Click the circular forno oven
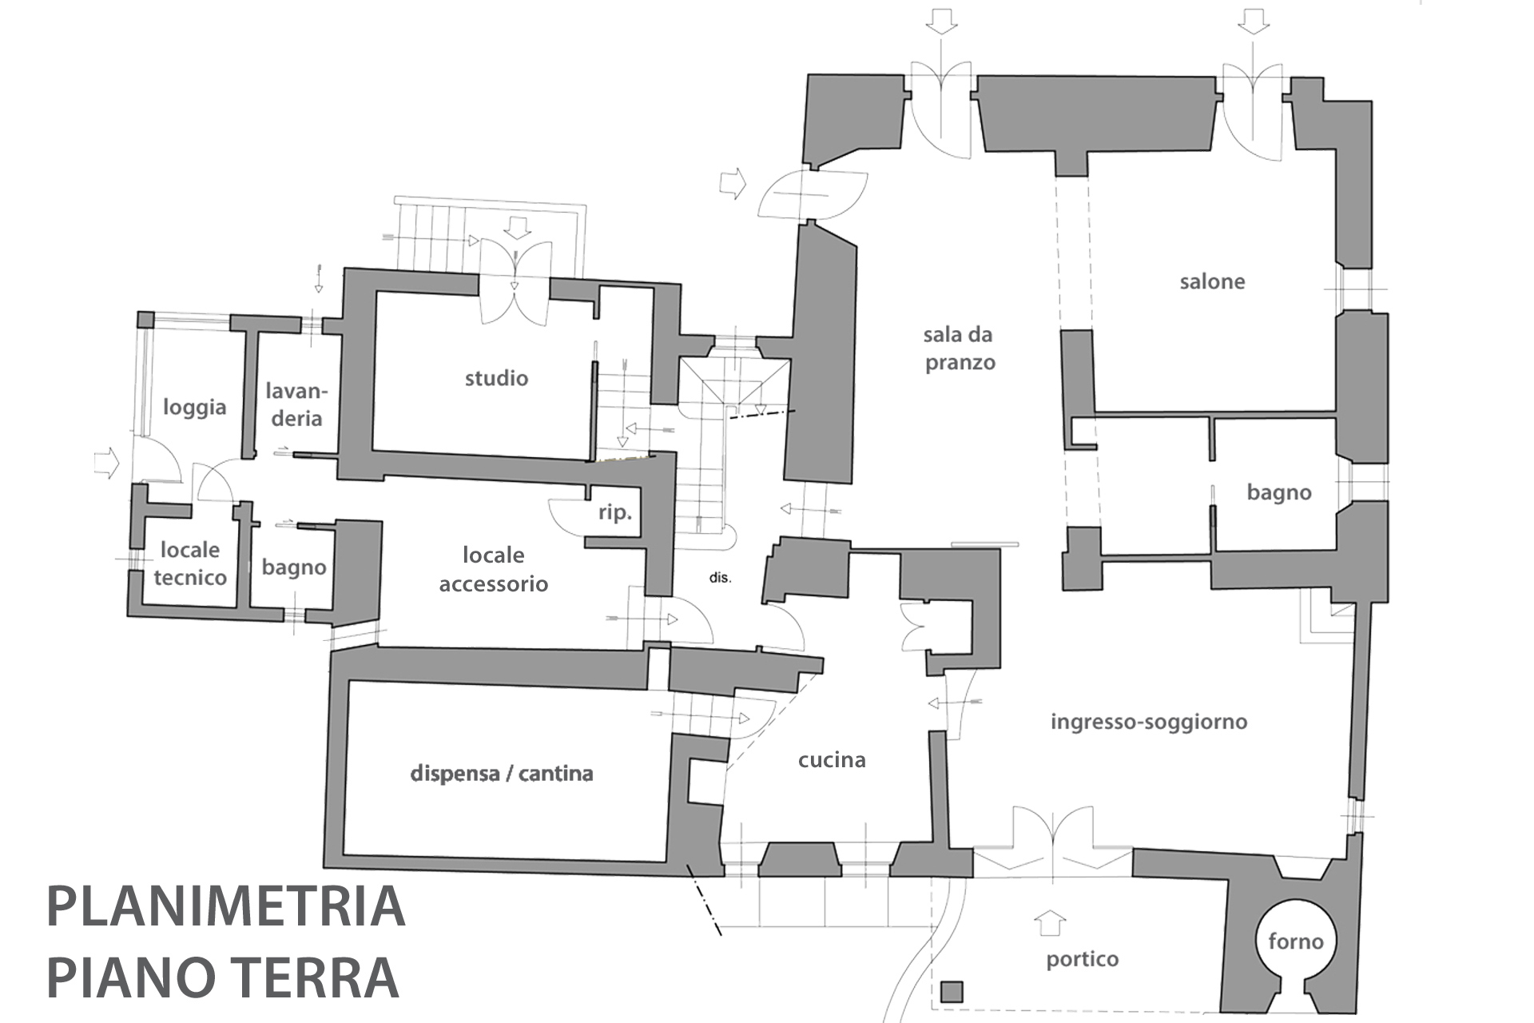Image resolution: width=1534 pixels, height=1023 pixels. tap(1295, 941)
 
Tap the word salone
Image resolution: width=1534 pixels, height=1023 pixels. tap(1212, 281)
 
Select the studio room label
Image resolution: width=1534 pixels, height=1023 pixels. tap(496, 378)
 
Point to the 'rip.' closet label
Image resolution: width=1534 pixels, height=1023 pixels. tap(614, 512)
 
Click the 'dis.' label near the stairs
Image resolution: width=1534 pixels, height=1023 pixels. tap(720, 577)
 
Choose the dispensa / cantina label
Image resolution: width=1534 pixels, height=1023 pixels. tap(502, 773)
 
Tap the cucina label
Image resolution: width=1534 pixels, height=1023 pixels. tap(832, 759)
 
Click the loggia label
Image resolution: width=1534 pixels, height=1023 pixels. tap(195, 407)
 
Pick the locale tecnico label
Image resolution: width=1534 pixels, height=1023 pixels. tap(190, 563)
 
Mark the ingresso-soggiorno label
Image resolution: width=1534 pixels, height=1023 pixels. tap(1149, 722)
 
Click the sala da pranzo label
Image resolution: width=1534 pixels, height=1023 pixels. tap(959, 348)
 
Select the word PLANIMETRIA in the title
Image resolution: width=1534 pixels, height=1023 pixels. tap(226, 906)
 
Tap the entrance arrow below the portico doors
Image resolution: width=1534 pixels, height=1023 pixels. tap(1050, 922)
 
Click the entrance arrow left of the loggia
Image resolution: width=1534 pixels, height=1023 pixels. tap(106, 463)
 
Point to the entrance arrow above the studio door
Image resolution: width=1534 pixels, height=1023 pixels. tap(518, 228)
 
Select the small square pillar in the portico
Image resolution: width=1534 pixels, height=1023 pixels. tap(952, 992)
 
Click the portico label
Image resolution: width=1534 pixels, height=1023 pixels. tap(1082, 959)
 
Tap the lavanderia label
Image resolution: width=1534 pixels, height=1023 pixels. tap(296, 404)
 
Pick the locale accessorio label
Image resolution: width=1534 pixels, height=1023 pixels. tap(494, 569)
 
